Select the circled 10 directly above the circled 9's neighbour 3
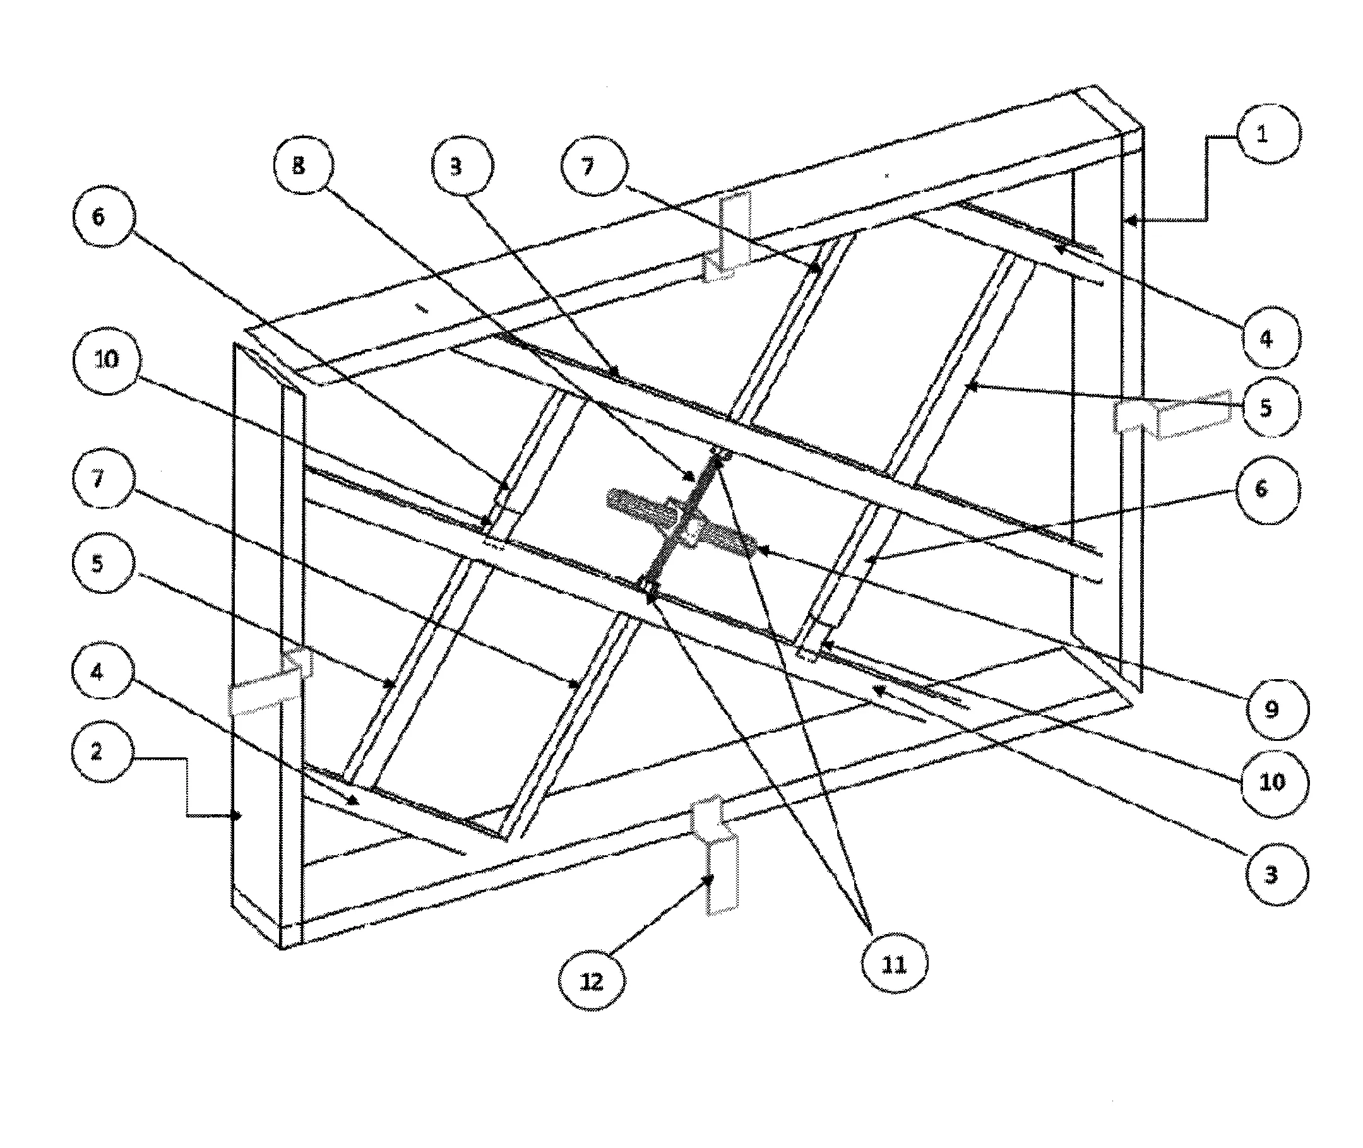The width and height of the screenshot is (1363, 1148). (1273, 781)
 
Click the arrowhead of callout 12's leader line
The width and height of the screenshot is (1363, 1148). (711, 880)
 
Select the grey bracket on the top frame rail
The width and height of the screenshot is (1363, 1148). (729, 235)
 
